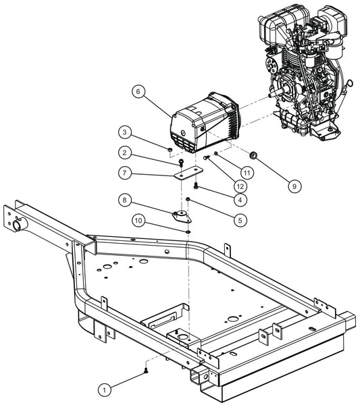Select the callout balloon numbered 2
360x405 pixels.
click(126, 152)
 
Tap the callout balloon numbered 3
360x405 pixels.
click(126, 132)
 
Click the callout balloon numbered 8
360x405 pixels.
click(126, 199)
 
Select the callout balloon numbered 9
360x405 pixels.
click(297, 183)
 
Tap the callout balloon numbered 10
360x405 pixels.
click(139, 220)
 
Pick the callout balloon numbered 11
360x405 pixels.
click(249, 172)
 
